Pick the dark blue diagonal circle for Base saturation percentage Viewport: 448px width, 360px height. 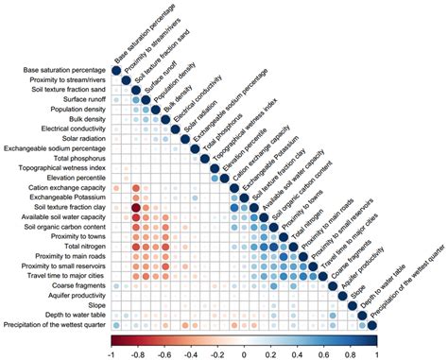[x=116, y=70]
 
